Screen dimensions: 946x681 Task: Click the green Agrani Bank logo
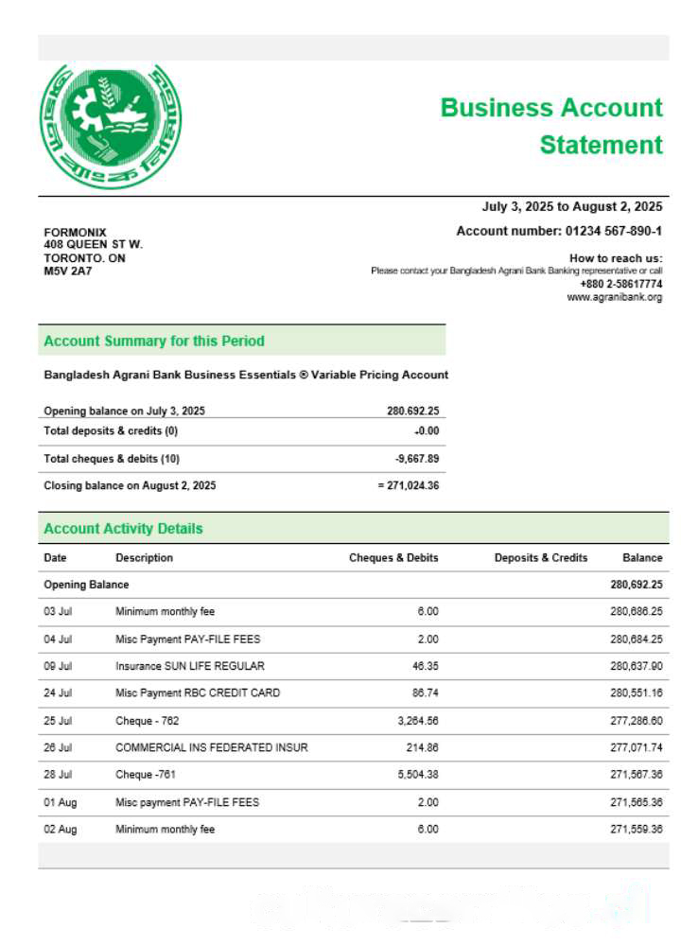tap(110, 125)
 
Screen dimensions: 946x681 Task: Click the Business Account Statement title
tap(551, 126)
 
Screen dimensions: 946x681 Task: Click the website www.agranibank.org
tap(614, 297)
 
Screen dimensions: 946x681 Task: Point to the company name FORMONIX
tap(76, 233)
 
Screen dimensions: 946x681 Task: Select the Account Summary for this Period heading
tap(154, 341)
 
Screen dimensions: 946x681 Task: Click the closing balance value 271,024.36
tap(408, 485)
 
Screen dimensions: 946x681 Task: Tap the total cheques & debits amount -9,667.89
tap(416, 458)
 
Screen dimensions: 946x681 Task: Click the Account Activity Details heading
tap(123, 528)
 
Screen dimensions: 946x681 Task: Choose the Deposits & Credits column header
tap(540, 558)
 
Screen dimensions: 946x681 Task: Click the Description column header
tap(144, 558)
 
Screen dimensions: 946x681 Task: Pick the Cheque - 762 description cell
tap(147, 721)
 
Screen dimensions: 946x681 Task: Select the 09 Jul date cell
tap(57, 666)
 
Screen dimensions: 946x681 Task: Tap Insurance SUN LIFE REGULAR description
tap(189, 666)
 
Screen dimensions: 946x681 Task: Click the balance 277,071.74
tap(636, 747)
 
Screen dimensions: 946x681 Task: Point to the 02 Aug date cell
tap(60, 830)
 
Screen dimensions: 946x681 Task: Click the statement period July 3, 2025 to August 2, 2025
tap(571, 206)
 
